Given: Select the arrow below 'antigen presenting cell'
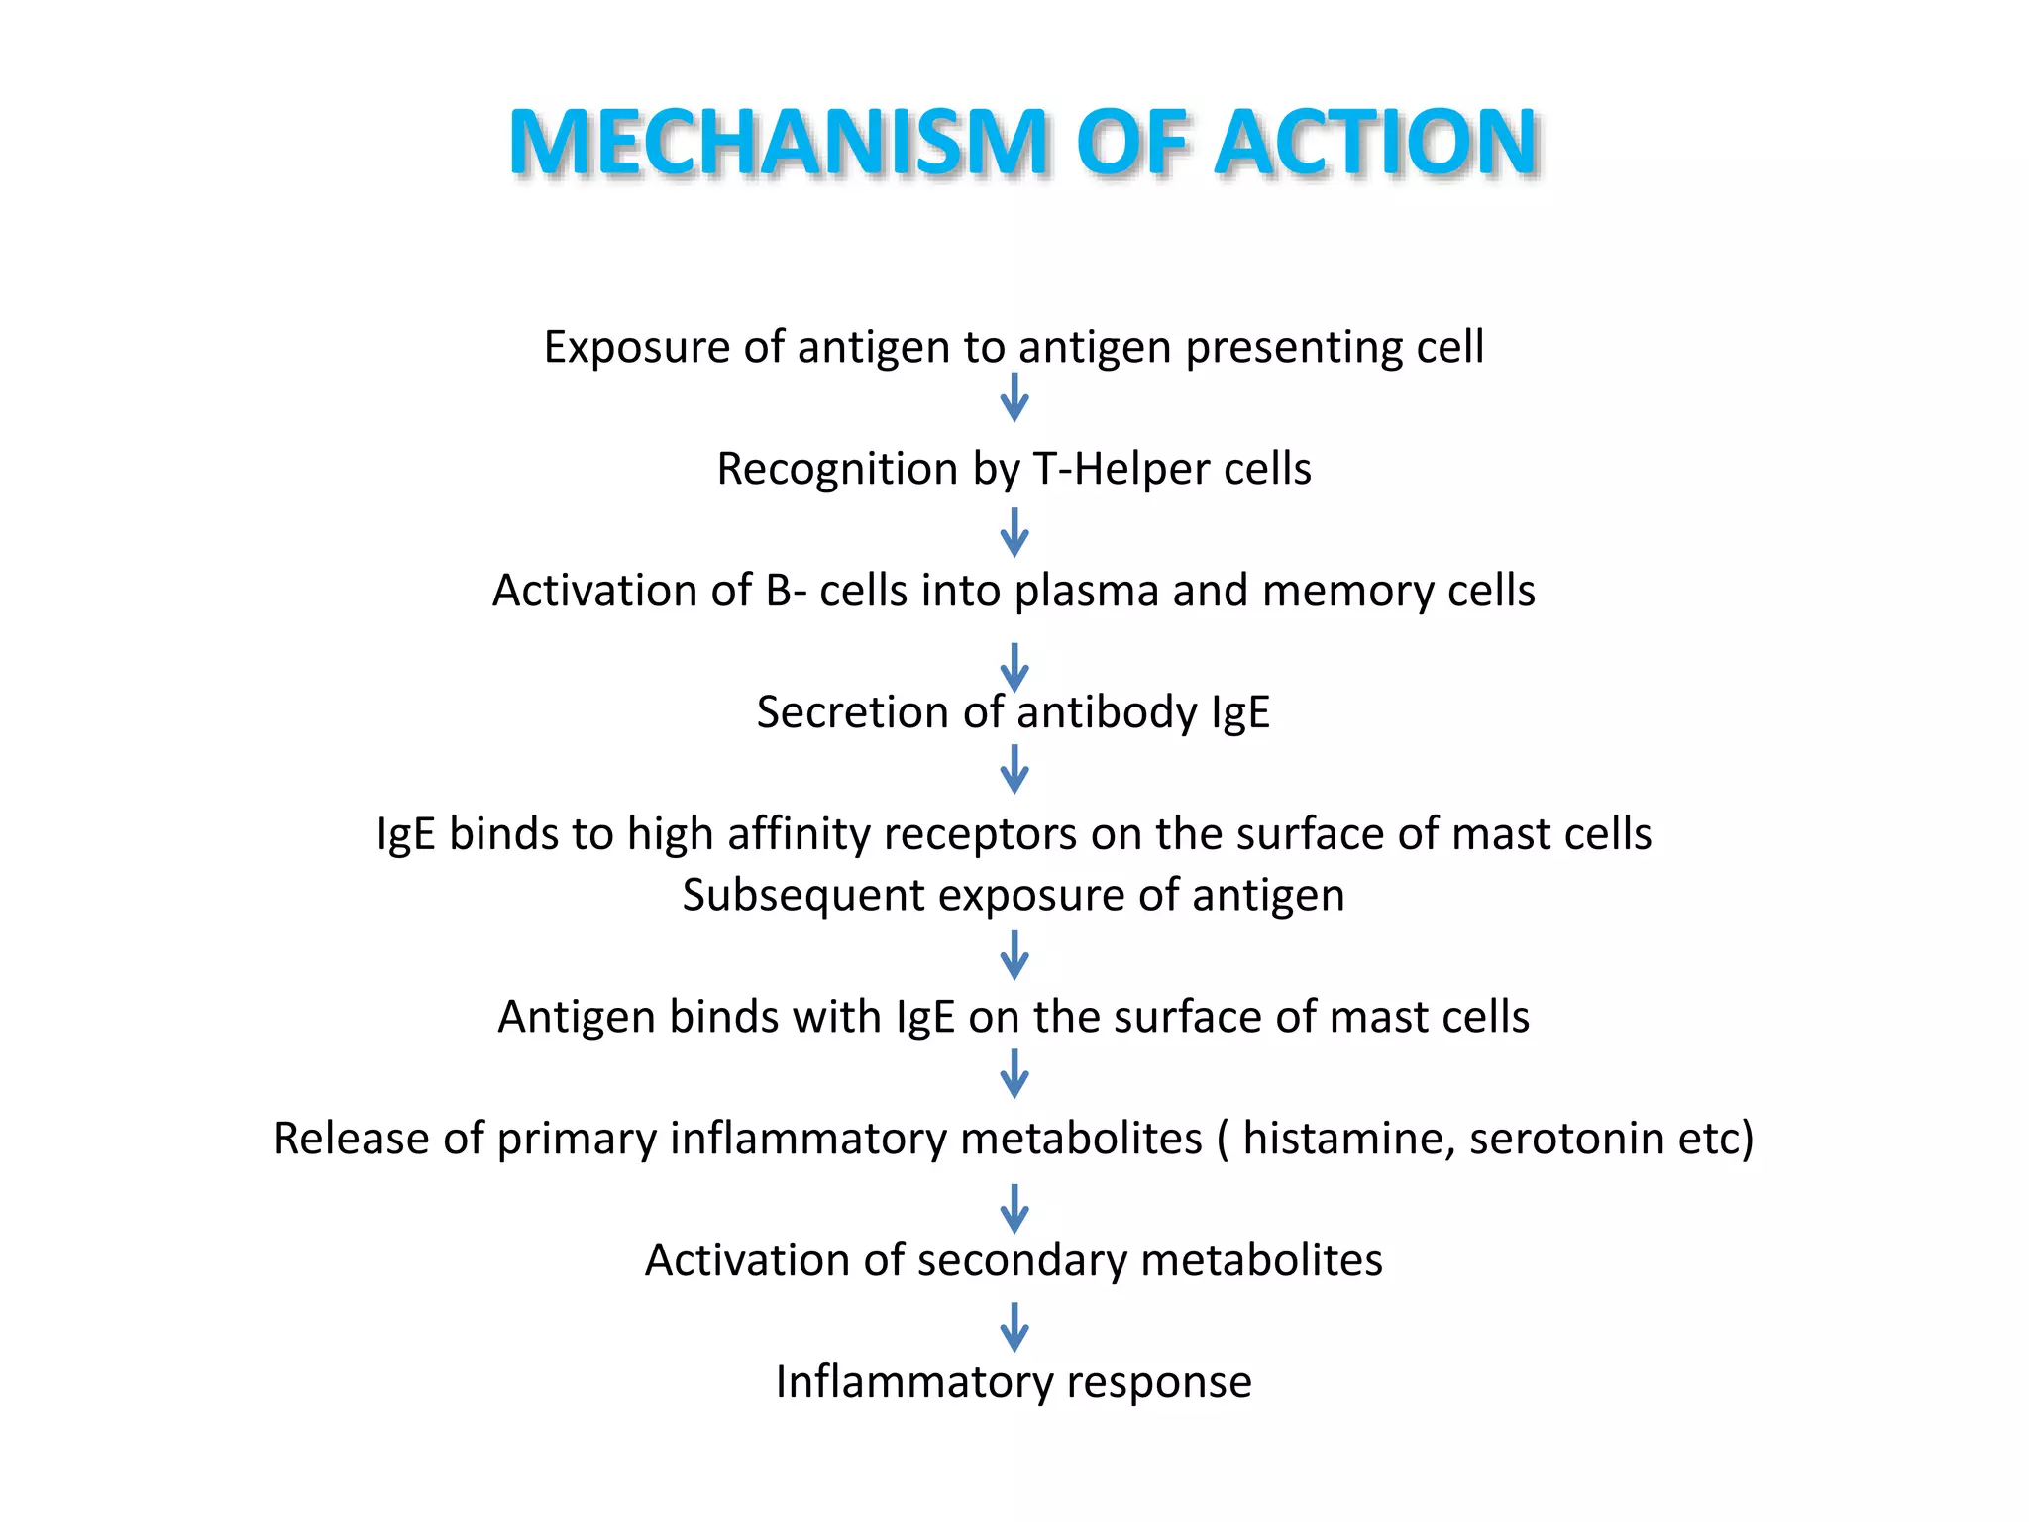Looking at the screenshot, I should [1014, 397].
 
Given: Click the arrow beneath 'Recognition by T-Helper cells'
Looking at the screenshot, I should [1014, 533].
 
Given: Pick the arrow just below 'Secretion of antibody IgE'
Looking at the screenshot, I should [1014, 769].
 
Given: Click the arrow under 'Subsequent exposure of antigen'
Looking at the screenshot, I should [1014, 955].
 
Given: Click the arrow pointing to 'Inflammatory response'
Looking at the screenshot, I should [1014, 1328].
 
